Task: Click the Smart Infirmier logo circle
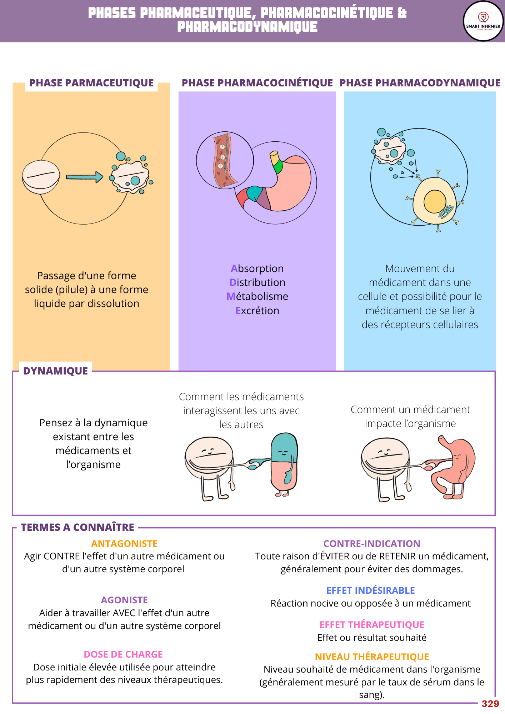point(483,21)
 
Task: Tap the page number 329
point(490,704)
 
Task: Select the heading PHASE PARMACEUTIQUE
point(91,83)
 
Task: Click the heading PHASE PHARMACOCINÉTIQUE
point(257,83)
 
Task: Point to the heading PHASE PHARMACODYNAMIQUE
point(420,83)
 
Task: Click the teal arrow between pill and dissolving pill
point(84,177)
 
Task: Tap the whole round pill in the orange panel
point(41,177)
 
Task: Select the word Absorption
point(257,268)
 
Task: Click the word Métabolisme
point(257,296)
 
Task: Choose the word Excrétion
point(257,311)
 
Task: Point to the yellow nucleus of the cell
point(435,201)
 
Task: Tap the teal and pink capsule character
point(284,462)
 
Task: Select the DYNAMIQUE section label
point(55,371)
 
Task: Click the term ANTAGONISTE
point(124,544)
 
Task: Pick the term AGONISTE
point(124,600)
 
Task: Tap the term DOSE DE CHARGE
point(123,654)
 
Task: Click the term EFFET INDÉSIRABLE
point(371,590)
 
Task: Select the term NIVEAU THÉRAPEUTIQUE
point(372,657)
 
